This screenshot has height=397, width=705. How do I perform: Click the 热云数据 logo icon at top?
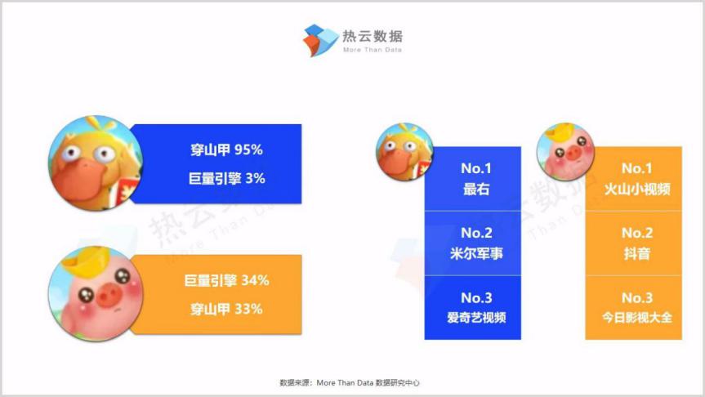(320, 40)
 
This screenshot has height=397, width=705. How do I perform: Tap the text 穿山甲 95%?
(226, 149)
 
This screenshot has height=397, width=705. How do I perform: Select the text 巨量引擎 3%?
(226, 179)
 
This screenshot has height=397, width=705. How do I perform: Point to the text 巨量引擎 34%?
(226, 280)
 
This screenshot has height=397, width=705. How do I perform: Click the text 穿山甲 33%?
(226, 310)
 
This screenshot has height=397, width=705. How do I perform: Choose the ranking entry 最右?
(476, 190)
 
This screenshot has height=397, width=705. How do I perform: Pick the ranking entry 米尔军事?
(476, 253)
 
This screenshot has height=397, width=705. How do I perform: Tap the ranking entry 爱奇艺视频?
(476, 318)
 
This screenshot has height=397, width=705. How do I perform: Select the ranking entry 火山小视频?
(637, 190)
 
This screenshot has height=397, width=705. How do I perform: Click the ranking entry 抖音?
(637, 253)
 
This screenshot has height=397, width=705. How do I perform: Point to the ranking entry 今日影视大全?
(637, 318)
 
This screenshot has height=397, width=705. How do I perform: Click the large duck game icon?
(96, 163)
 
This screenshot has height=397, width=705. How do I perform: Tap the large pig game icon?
(96, 293)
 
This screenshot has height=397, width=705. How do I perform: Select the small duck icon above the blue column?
(404, 152)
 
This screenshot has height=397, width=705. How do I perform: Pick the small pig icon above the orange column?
(565, 152)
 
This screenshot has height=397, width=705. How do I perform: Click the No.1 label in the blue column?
(476, 168)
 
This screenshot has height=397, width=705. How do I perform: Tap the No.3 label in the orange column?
(637, 297)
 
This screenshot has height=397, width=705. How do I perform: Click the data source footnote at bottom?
(350, 382)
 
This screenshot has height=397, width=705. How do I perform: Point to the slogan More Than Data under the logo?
(373, 50)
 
